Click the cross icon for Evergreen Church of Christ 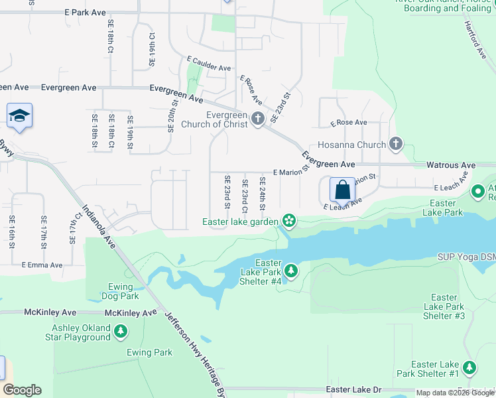tap(258, 120)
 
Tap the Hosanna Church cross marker tap(396, 144)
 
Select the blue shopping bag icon tap(342, 190)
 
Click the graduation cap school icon tap(20, 116)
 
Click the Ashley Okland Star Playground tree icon tap(120, 330)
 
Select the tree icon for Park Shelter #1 tap(469, 367)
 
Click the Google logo tap(22, 390)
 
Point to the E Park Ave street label tap(86, 13)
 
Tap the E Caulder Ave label tap(209, 68)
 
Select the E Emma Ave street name tap(42, 265)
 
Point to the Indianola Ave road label tap(99, 227)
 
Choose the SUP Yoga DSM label tap(465, 257)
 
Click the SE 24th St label tap(263, 194)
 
